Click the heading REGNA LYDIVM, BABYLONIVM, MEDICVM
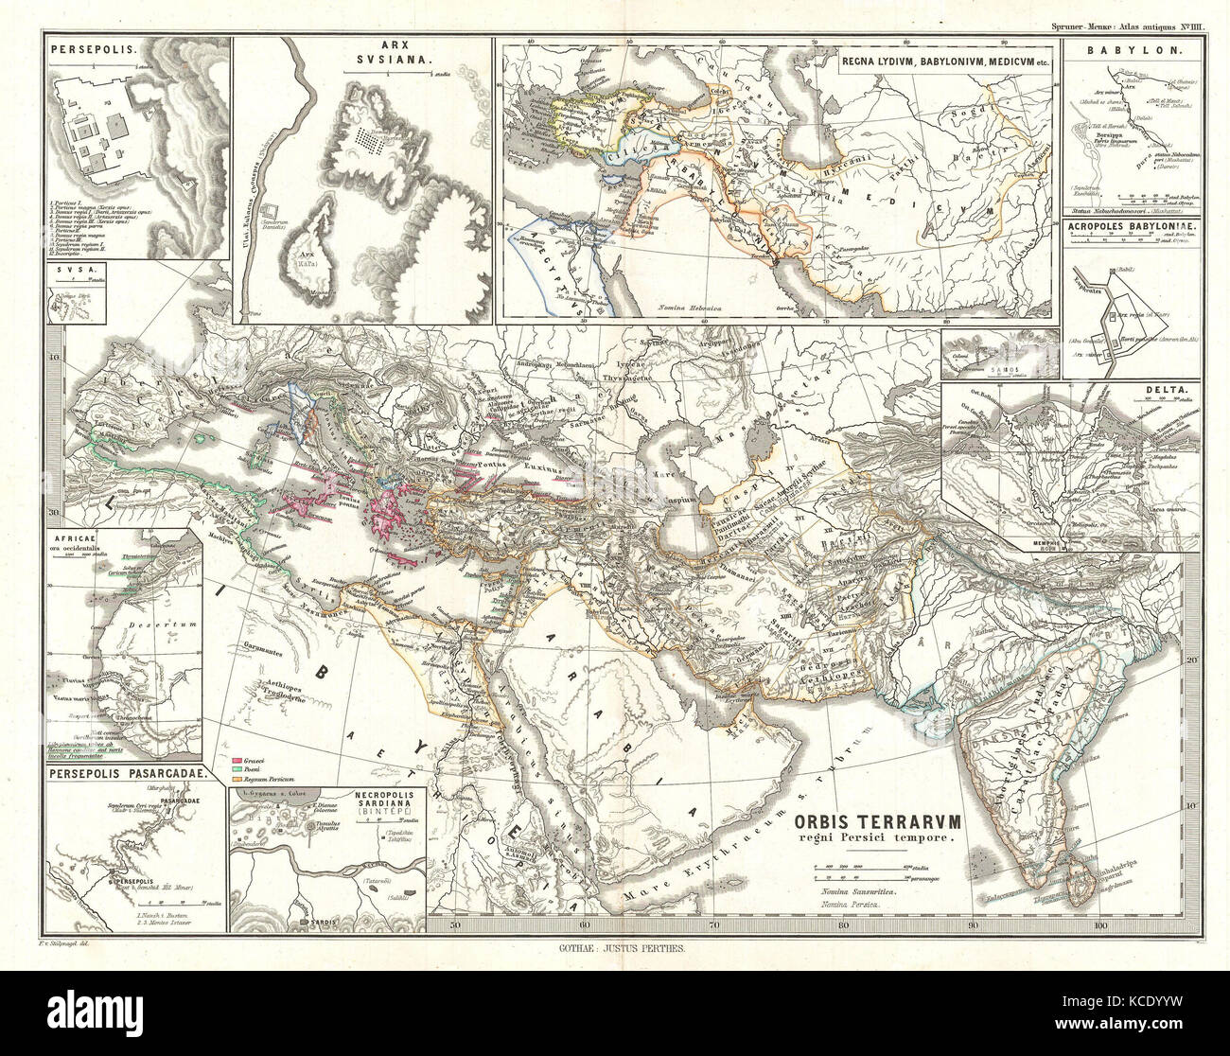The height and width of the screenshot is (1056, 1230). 946,61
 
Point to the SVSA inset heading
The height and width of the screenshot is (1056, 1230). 64,270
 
